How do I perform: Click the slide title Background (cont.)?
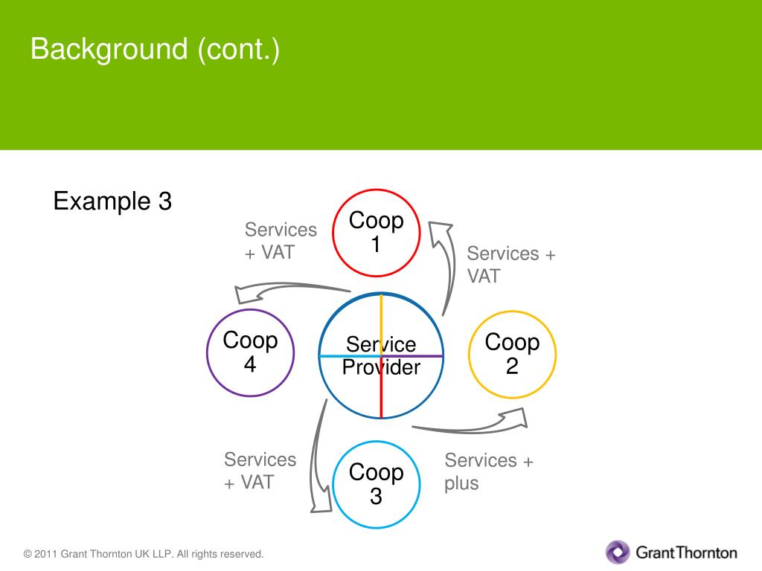pyautogui.click(x=155, y=50)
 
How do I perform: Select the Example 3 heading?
pyautogui.click(x=112, y=201)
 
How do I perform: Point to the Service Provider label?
pyautogui.click(x=381, y=356)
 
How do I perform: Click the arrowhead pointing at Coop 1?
pyautogui.click(x=440, y=231)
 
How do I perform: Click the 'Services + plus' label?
pyautogui.click(x=489, y=471)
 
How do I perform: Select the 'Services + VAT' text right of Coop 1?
pyautogui.click(x=511, y=265)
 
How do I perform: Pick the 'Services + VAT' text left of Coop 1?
pyautogui.click(x=281, y=241)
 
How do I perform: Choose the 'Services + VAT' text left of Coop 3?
pyautogui.click(x=260, y=471)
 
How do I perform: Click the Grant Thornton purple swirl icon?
pyautogui.click(x=618, y=552)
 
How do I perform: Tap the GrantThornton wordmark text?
pyautogui.click(x=686, y=552)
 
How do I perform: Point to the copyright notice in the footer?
pyautogui.click(x=144, y=554)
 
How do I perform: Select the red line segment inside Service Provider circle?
pyautogui.click(x=381, y=394)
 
